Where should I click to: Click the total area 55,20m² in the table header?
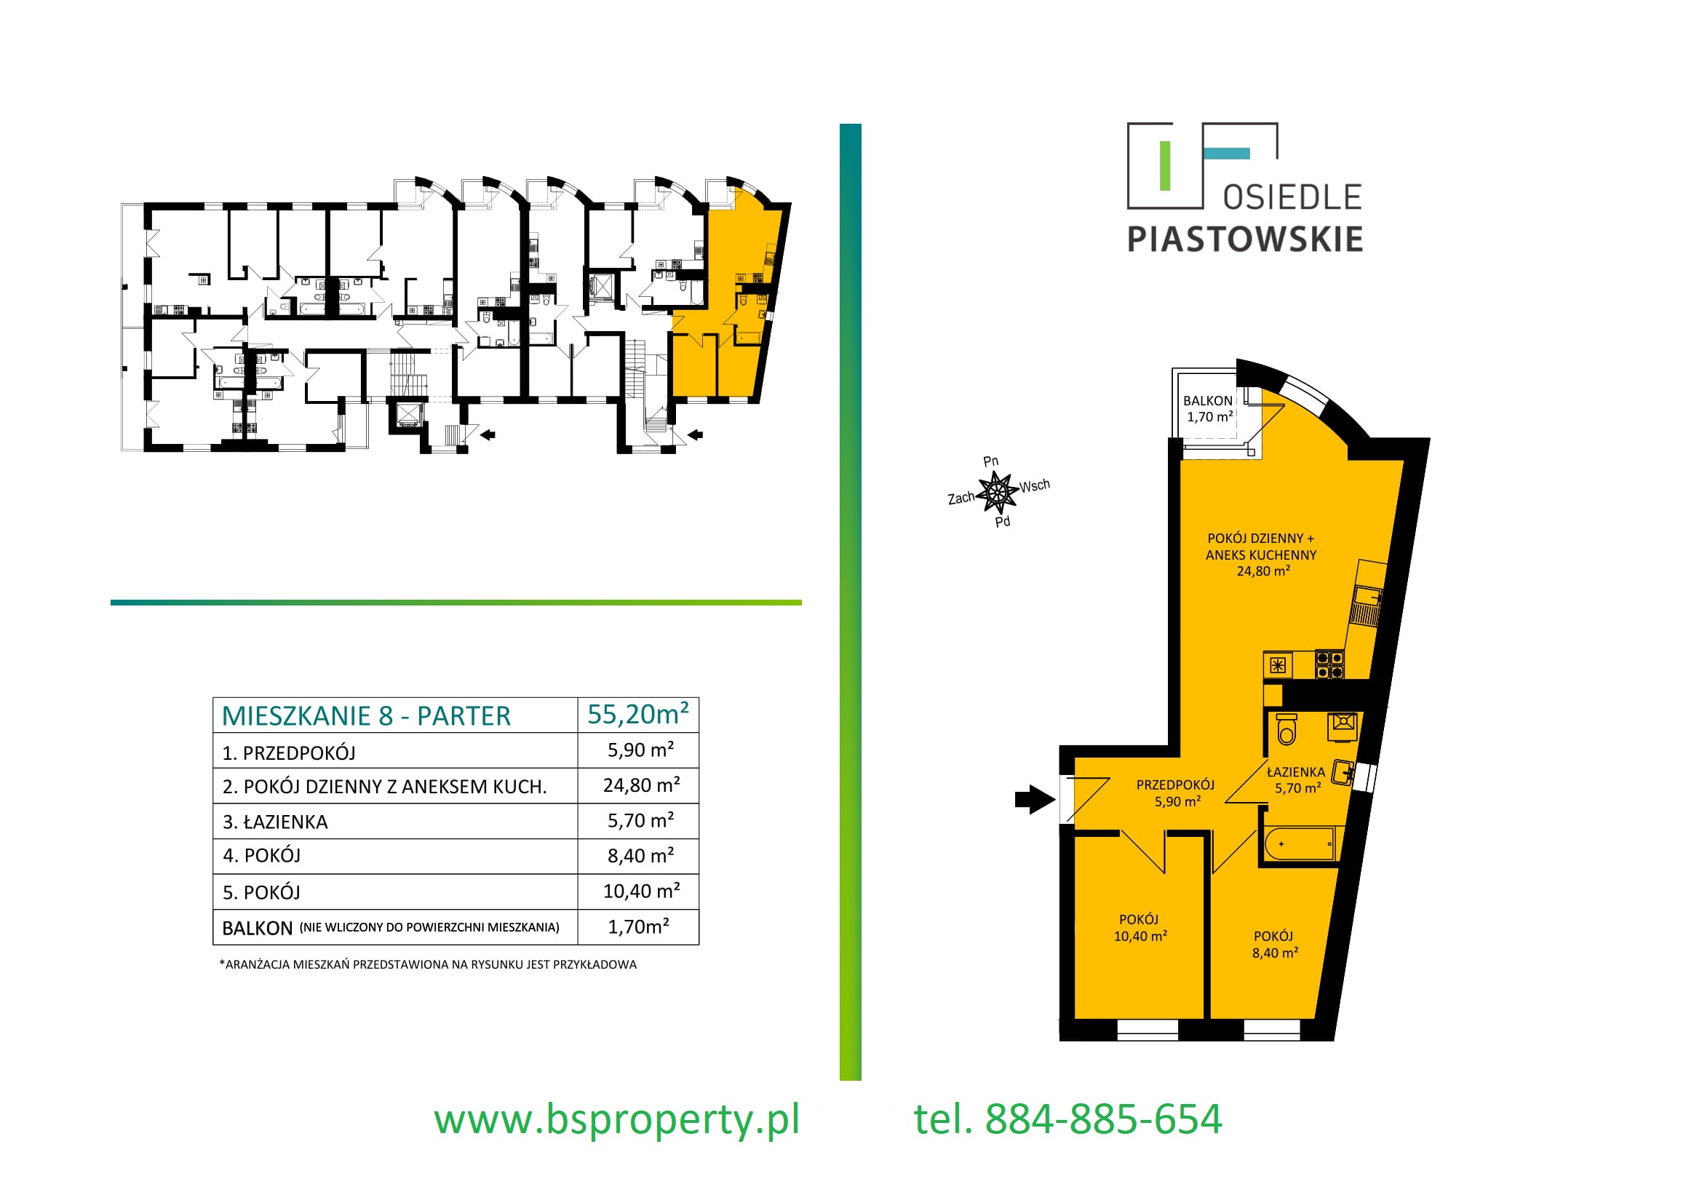click(637, 715)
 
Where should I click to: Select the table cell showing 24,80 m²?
click(641, 785)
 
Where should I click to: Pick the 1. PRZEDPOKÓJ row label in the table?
click(289, 753)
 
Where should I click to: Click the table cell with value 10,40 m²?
click(641, 891)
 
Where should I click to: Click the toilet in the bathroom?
click(1287, 728)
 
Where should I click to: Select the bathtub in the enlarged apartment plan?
click(1300, 844)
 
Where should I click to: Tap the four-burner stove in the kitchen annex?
click(1330, 664)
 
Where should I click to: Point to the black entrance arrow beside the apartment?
click(1035, 799)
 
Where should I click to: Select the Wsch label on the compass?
click(1035, 486)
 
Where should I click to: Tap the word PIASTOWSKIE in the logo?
click(1244, 239)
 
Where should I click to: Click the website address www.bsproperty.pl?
click(617, 1119)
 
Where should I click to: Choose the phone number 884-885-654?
click(1104, 1119)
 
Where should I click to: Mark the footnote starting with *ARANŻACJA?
click(428, 964)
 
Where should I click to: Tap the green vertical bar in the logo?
click(1164, 166)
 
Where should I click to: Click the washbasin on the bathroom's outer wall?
click(1343, 773)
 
